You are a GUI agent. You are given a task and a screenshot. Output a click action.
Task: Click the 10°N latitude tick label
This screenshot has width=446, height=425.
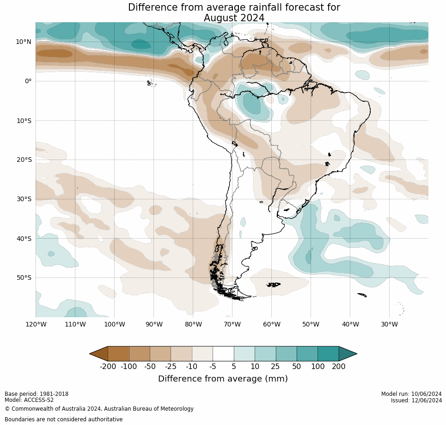(24, 42)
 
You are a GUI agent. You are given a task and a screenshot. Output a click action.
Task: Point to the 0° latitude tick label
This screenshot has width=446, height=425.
(28, 81)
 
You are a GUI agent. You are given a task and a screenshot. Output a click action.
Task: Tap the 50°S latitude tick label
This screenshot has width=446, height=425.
(24, 278)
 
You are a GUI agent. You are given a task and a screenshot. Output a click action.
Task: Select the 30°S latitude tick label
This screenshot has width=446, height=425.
(24, 199)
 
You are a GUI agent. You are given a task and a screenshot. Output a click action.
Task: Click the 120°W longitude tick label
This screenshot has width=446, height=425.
(36, 325)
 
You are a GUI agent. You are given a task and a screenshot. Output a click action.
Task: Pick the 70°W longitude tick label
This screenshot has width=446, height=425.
(232, 325)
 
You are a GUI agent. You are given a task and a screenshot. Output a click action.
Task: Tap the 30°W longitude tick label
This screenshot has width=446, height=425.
(389, 325)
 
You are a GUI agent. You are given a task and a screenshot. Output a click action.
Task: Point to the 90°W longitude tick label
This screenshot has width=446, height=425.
(153, 325)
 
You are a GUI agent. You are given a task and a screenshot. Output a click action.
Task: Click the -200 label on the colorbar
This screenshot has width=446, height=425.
(108, 367)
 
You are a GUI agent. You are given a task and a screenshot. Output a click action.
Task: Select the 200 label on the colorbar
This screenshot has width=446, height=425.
(339, 367)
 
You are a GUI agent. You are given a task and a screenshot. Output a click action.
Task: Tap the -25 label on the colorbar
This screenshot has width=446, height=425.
(171, 367)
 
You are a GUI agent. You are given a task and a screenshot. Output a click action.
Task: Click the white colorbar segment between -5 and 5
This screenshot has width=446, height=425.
(223, 354)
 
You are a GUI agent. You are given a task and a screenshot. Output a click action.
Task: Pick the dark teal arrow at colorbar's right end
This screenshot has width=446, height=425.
(348, 354)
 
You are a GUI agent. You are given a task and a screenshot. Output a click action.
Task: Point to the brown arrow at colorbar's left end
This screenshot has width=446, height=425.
(99, 354)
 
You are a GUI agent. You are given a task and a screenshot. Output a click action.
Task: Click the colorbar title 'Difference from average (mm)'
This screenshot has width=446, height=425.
(223, 379)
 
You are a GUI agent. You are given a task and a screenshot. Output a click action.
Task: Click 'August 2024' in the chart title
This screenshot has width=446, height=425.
(234, 18)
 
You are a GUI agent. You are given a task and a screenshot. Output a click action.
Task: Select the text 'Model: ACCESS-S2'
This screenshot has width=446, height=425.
(29, 400)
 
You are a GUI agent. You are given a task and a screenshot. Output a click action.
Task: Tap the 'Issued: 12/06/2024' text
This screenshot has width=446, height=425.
(416, 400)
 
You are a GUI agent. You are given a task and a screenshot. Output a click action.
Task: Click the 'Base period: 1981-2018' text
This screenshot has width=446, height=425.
(37, 394)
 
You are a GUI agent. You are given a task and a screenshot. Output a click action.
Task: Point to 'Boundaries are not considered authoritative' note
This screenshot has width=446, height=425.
(64, 419)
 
